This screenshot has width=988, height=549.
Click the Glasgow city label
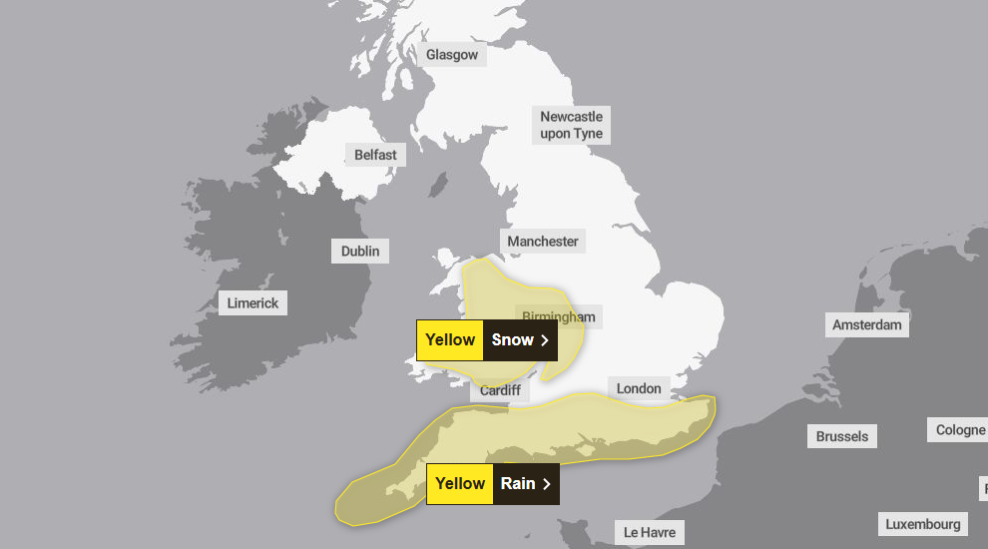452,55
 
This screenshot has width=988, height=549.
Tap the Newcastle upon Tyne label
572,125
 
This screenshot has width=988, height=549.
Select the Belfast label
375,155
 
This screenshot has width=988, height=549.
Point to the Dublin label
360,251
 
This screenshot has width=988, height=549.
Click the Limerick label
252,302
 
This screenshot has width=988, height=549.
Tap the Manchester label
543,241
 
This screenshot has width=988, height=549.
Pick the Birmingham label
559,317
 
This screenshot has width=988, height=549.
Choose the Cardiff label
500,390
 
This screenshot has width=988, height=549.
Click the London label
639,388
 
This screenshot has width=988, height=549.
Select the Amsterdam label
867,324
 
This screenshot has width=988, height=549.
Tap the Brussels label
842,436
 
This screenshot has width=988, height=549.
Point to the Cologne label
959,430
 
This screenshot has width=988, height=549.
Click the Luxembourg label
923,524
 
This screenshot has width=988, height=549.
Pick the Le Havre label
650,532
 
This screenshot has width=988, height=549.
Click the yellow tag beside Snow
450,339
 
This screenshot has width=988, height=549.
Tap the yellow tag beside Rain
460,483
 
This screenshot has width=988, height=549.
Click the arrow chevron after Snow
545,339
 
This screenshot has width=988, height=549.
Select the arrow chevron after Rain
546,483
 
